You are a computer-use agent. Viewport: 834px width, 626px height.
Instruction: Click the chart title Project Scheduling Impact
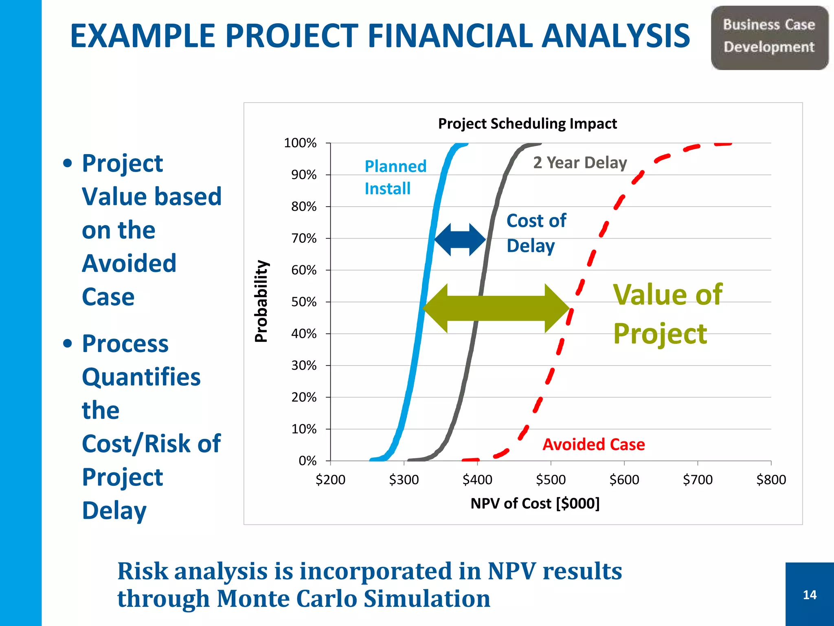pyautogui.click(x=527, y=123)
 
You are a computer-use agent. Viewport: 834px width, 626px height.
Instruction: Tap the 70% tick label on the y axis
pyautogui.click(x=304, y=238)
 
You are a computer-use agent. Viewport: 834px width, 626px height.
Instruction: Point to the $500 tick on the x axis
pyautogui.click(x=551, y=479)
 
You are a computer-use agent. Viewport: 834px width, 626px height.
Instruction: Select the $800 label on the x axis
pyautogui.click(x=771, y=479)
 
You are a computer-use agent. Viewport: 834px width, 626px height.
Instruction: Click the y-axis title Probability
pyautogui.click(x=261, y=301)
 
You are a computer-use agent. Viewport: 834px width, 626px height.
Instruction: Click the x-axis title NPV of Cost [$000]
pyautogui.click(x=535, y=503)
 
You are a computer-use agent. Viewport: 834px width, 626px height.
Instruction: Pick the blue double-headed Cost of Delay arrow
pyautogui.click(x=460, y=240)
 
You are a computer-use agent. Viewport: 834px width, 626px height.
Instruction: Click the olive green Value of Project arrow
pyautogui.click(x=496, y=308)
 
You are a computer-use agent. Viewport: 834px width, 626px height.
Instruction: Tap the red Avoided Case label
pyautogui.click(x=593, y=444)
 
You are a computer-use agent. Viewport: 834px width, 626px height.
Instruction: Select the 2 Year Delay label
pyautogui.click(x=580, y=163)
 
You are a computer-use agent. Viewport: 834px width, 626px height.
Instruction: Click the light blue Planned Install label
pyautogui.click(x=395, y=177)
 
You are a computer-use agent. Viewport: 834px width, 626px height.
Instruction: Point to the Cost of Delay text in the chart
pyautogui.click(x=536, y=233)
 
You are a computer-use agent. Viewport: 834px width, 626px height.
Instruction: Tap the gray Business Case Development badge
pyautogui.click(x=769, y=37)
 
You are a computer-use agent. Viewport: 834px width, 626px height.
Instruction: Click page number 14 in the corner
pyautogui.click(x=810, y=595)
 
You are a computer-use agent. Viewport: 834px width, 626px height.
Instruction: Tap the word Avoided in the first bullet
pyautogui.click(x=129, y=263)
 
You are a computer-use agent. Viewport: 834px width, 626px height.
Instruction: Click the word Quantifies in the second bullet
pyautogui.click(x=141, y=377)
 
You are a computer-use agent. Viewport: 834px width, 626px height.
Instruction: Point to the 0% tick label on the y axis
pyautogui.click(x=307, y=461)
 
